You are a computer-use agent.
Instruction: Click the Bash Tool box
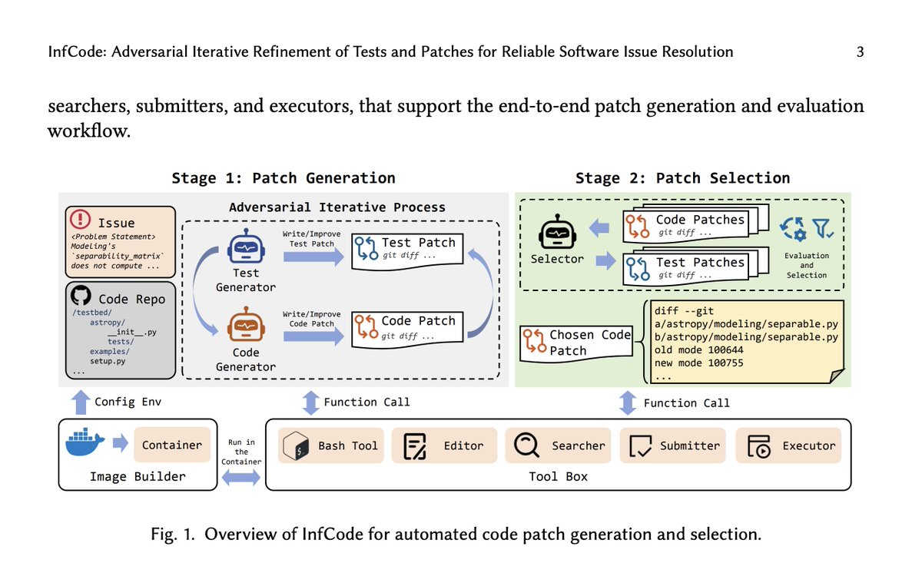coord(330,445)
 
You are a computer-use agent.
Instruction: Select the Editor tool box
coord(445,445)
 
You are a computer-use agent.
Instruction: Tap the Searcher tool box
coord(558,445)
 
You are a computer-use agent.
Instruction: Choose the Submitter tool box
coord(673,445)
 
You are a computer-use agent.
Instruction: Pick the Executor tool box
coord(788,445)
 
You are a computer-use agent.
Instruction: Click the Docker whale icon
coord(85,444)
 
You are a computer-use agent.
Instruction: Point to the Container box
coord(172,445)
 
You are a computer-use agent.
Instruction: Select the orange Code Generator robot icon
coord(246,326)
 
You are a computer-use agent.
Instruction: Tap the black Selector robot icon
coord(557,232)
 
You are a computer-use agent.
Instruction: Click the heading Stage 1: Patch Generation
coord(284,178)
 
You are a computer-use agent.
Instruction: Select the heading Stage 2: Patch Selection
coord(682,178)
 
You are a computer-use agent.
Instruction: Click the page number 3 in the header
coord(861,52)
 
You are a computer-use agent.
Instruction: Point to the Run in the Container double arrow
coord(241,478)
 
